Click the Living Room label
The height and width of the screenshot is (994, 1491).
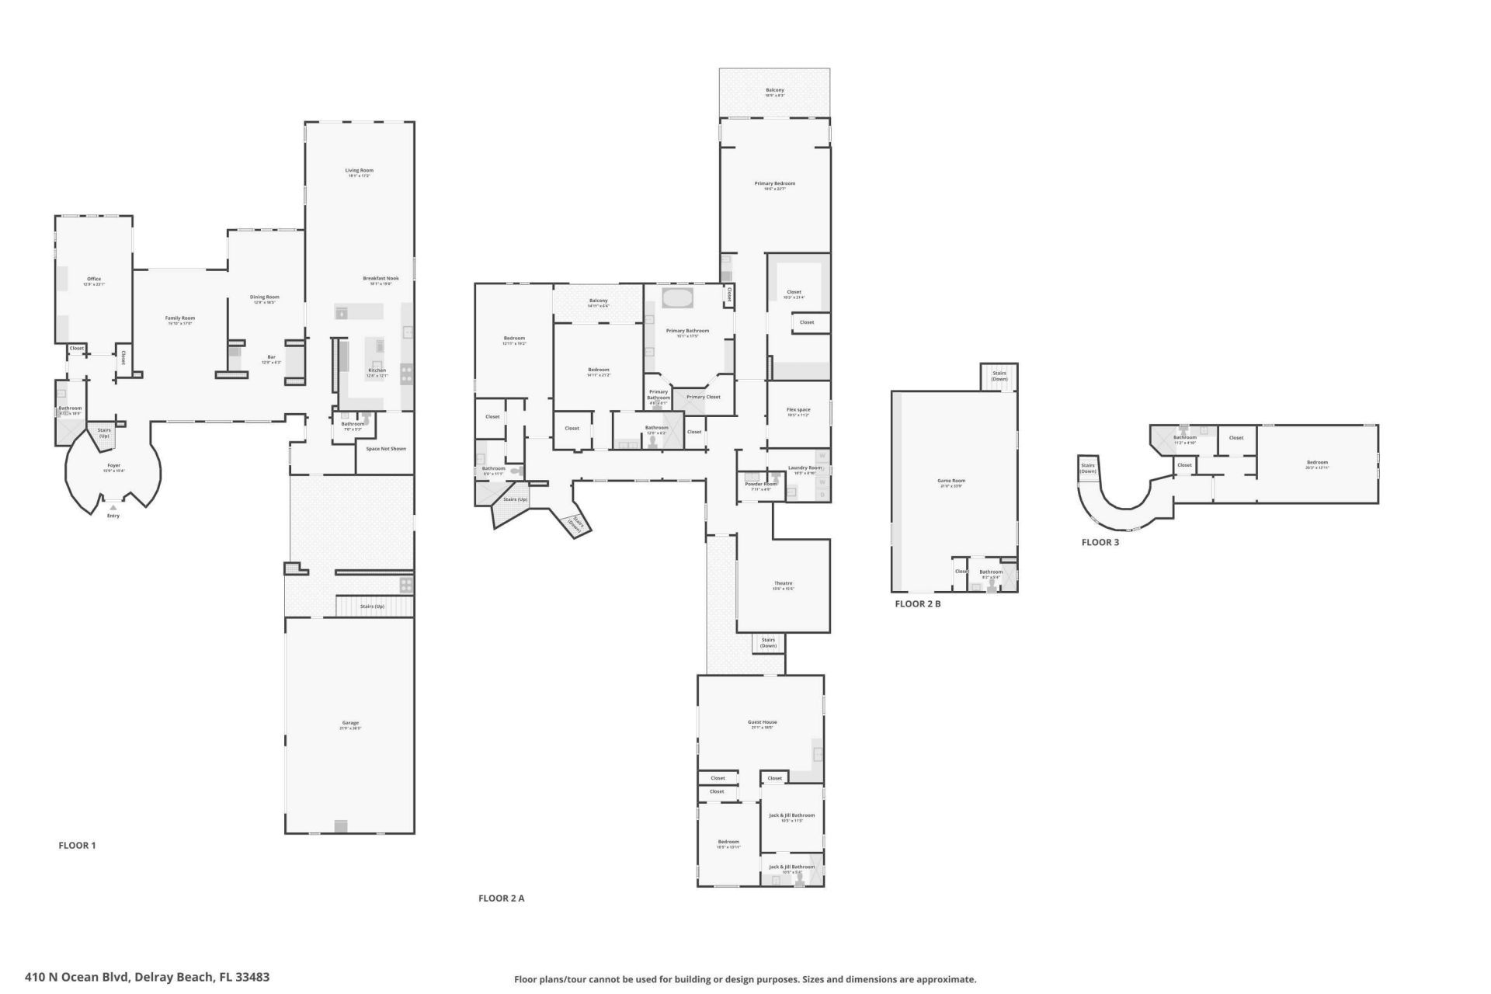pos(359,171)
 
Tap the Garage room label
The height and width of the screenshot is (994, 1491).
pos(350,723)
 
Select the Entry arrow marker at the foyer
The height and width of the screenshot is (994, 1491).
pos(113,507)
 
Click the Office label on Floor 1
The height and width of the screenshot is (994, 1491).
pos(94,280)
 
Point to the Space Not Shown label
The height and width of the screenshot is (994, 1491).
pos(386,449)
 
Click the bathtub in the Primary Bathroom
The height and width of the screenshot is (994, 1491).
pos(677,299)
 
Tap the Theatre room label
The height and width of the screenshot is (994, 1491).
pos(783,584)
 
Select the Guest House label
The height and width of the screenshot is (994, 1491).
pos(763,722)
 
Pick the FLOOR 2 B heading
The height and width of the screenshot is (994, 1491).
pos(917,603)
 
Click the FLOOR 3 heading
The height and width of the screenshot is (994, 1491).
pos(1100,542)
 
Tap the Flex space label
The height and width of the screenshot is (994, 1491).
pos(798,410)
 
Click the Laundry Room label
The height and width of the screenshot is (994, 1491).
pos(804,468)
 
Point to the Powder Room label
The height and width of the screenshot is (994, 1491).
pos(760,485)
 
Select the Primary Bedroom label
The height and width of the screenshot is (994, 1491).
pos(774,184)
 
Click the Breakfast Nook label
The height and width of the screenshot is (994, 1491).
pos(381,279)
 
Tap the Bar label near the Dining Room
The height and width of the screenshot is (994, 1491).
pos(271,357)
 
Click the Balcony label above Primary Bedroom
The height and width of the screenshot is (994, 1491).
pos(774,91)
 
